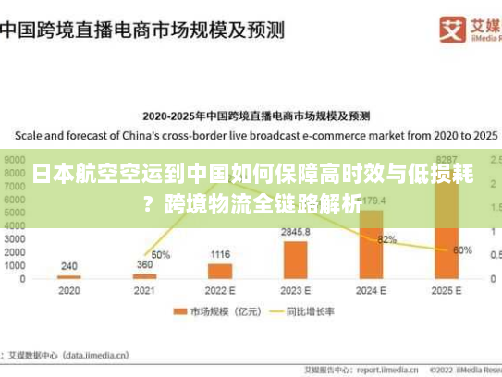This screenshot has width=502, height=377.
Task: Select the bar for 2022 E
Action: point(220,271)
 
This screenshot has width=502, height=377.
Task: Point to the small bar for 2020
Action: point(69,276)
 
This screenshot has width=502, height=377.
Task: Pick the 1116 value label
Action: point(220,254)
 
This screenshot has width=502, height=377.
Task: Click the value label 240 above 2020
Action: point(69,266)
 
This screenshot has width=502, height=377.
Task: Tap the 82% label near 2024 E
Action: point(387,239)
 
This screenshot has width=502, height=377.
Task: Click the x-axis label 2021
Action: point(144,290)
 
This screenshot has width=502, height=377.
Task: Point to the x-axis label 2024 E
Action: point(371,290)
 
